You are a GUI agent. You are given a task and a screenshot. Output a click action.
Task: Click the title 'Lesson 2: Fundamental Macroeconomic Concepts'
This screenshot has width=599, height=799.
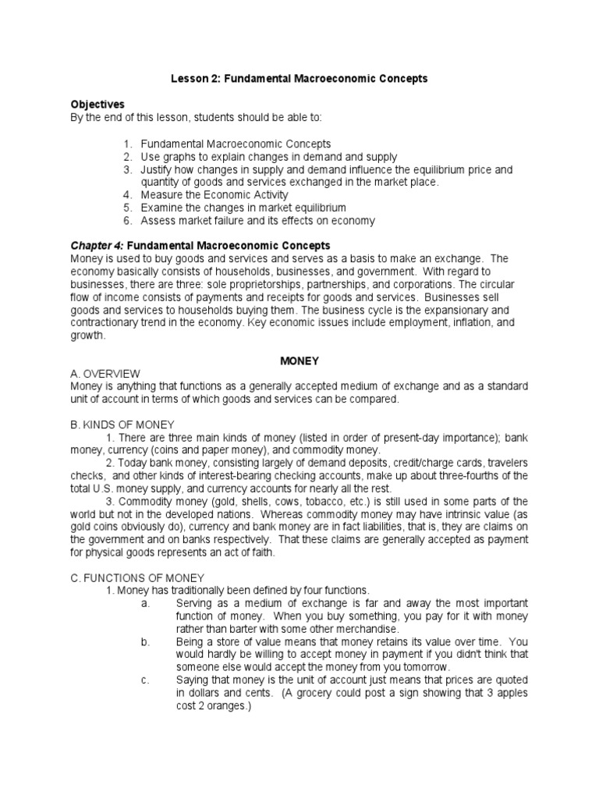click(299, 79)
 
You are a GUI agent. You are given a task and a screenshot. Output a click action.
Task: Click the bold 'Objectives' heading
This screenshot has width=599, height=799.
click(97, 104)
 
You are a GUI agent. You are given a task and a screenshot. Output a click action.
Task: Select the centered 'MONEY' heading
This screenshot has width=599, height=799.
click(299, 361)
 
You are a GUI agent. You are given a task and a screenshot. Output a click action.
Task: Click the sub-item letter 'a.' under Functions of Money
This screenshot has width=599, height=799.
click(146, 604)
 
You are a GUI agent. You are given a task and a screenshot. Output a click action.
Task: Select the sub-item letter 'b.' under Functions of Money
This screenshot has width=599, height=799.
click(146, 642)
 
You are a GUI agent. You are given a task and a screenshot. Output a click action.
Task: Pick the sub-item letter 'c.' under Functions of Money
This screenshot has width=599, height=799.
click(146, 680)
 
